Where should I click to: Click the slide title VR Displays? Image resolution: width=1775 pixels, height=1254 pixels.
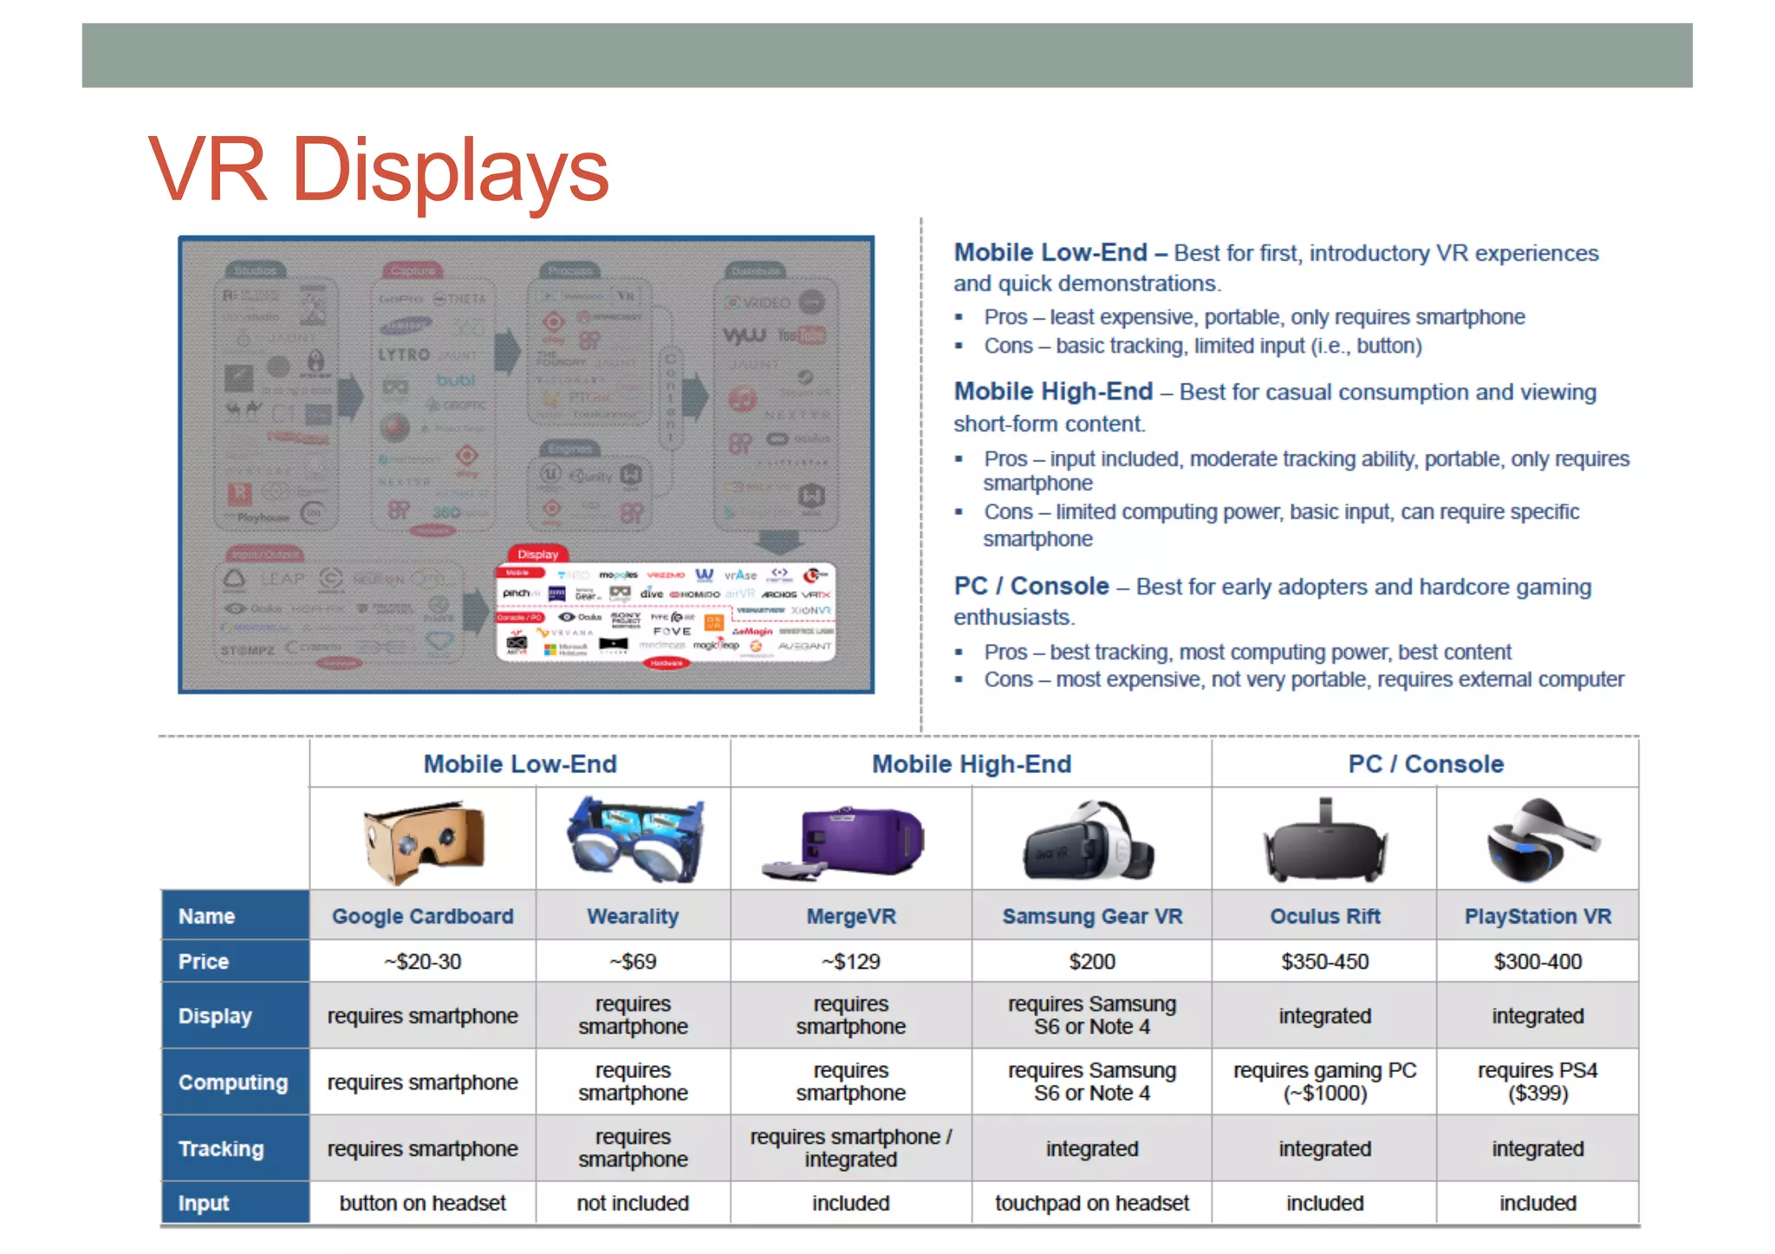click(x=379, y=170)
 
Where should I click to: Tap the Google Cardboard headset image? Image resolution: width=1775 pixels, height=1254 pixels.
click(x=423, y=841)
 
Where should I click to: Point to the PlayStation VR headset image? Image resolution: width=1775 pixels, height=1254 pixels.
click(x=1538, y=839)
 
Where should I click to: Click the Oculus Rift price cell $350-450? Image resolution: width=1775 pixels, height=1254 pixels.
click(x=1324, y=961)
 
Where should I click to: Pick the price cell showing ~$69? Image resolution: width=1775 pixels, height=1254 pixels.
click(x=633, y=961)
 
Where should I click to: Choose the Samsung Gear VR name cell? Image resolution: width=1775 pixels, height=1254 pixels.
click(x=1092, y=916)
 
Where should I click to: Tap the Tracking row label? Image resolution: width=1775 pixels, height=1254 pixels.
click(x=221, y=1148)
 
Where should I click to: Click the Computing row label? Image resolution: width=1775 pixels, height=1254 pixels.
click(x=232, y=1082)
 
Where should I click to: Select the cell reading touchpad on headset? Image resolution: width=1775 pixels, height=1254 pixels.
click(x=1092, y=1203)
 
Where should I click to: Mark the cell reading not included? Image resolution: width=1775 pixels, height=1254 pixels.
click(x=633, y=1203)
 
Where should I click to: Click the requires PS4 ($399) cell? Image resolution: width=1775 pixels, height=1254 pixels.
click(x=1538, y=1082)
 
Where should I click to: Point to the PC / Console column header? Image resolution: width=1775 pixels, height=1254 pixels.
click(x=1426, y=763)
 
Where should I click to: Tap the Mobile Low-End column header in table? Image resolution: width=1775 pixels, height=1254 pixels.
click(x=520, y=763)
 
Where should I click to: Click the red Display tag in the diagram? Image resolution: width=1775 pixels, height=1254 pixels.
click(x=537, y=554)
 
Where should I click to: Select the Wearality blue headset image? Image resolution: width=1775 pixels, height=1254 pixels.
click(x=634, y=839)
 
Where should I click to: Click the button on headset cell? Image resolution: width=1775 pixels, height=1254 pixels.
click(x=423, y=1203)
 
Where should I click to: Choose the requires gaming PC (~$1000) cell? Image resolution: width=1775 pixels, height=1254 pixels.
click(x=1324, y=1082)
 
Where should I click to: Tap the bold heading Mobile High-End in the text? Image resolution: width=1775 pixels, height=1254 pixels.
click(x=1053, y=392)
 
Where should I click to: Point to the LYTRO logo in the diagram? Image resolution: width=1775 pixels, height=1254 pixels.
click(x=404, y=354)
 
